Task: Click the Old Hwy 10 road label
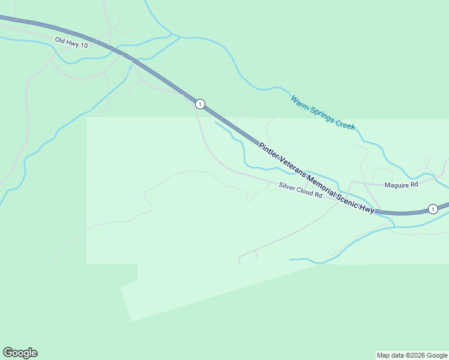71,43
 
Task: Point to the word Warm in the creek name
299,101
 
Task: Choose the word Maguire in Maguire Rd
398,185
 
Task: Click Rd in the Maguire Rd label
413,185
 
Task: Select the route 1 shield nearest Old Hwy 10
200,104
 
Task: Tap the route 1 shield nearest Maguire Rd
432,209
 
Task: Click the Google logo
20,353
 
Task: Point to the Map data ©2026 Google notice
411,355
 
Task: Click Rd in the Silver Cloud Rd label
319,196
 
